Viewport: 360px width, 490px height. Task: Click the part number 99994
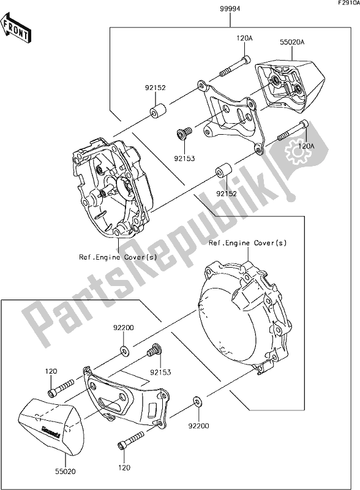[229, 10]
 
